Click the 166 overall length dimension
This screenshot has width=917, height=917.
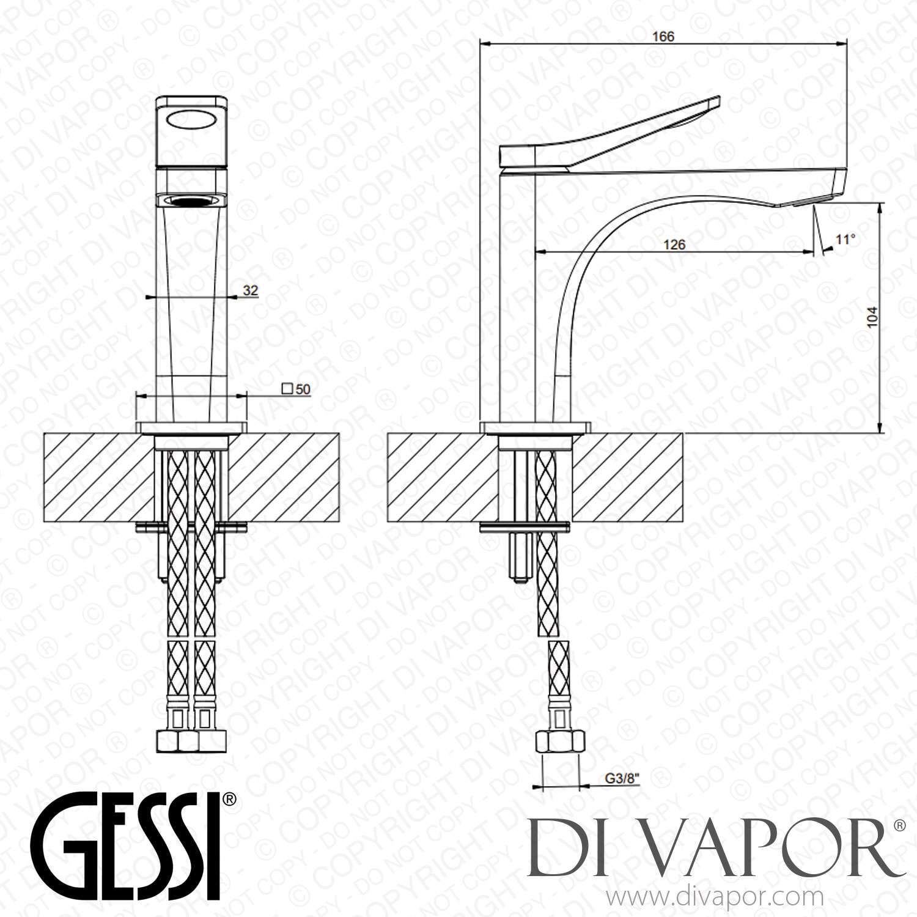coord(663,37)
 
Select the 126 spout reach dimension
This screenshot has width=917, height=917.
coord(674,245)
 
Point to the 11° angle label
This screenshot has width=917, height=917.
coord(845,239)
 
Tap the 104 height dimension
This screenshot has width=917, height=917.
coord(872,317)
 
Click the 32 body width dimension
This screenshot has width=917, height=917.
coord(251,290)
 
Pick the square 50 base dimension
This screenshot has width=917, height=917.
coord(296,389)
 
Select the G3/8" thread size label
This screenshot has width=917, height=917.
coord(622,778)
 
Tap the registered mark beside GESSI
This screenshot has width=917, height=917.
coord(229,798)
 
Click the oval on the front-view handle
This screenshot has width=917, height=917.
coord(192,120)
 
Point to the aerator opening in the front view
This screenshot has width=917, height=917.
coord(192,200)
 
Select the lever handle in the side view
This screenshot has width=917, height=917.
coord(611,134)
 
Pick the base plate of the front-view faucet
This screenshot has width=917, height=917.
coord(192,427)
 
